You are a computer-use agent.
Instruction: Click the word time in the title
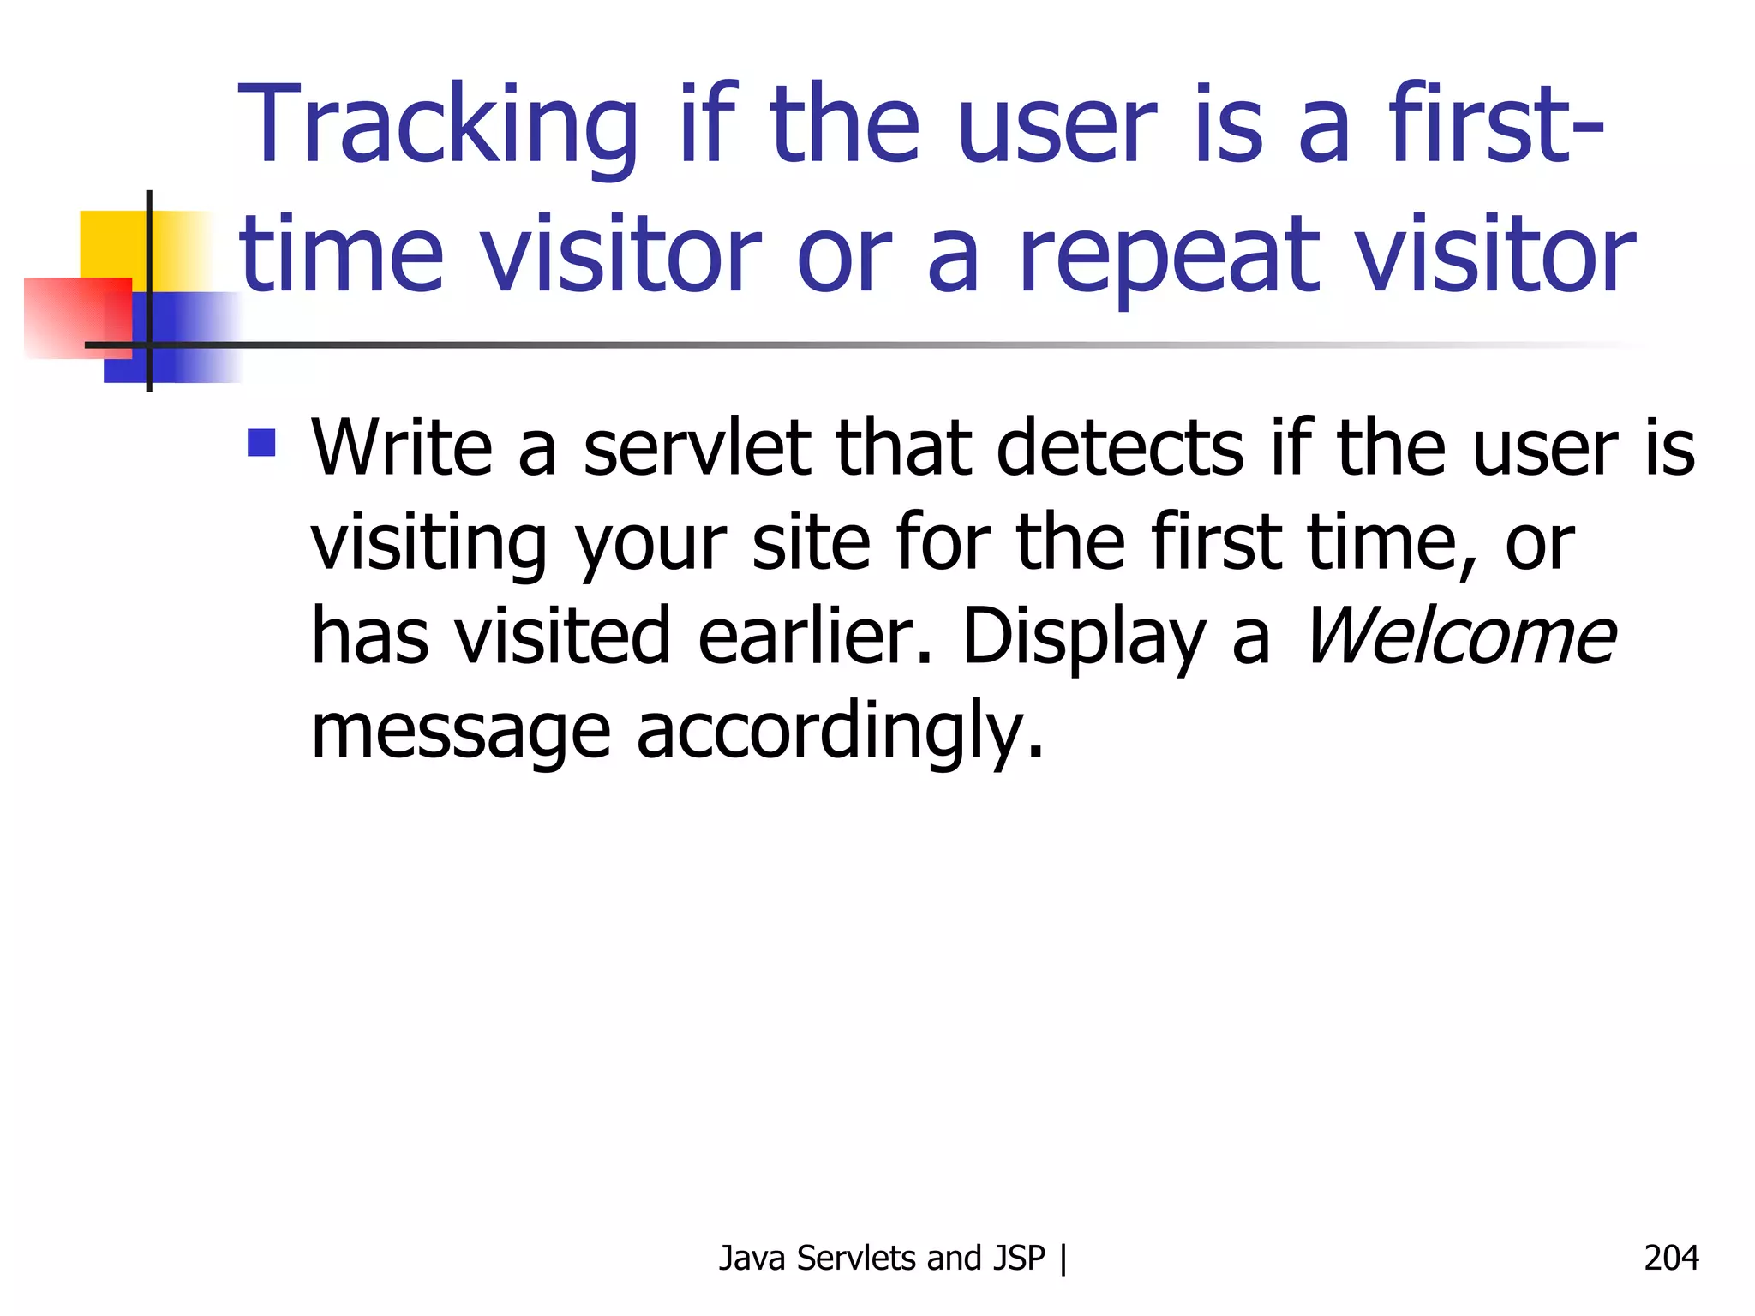click(x=341, y=255)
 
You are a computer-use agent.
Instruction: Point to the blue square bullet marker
click(x=261, y=442)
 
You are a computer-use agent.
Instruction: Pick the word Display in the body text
click(x=1083, y=638)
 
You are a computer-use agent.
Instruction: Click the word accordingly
click(x=840, y=733)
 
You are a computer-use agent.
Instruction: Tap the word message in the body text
click(x=460, y=733)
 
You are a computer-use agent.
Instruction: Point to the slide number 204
click(x=1671, y=1258)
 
